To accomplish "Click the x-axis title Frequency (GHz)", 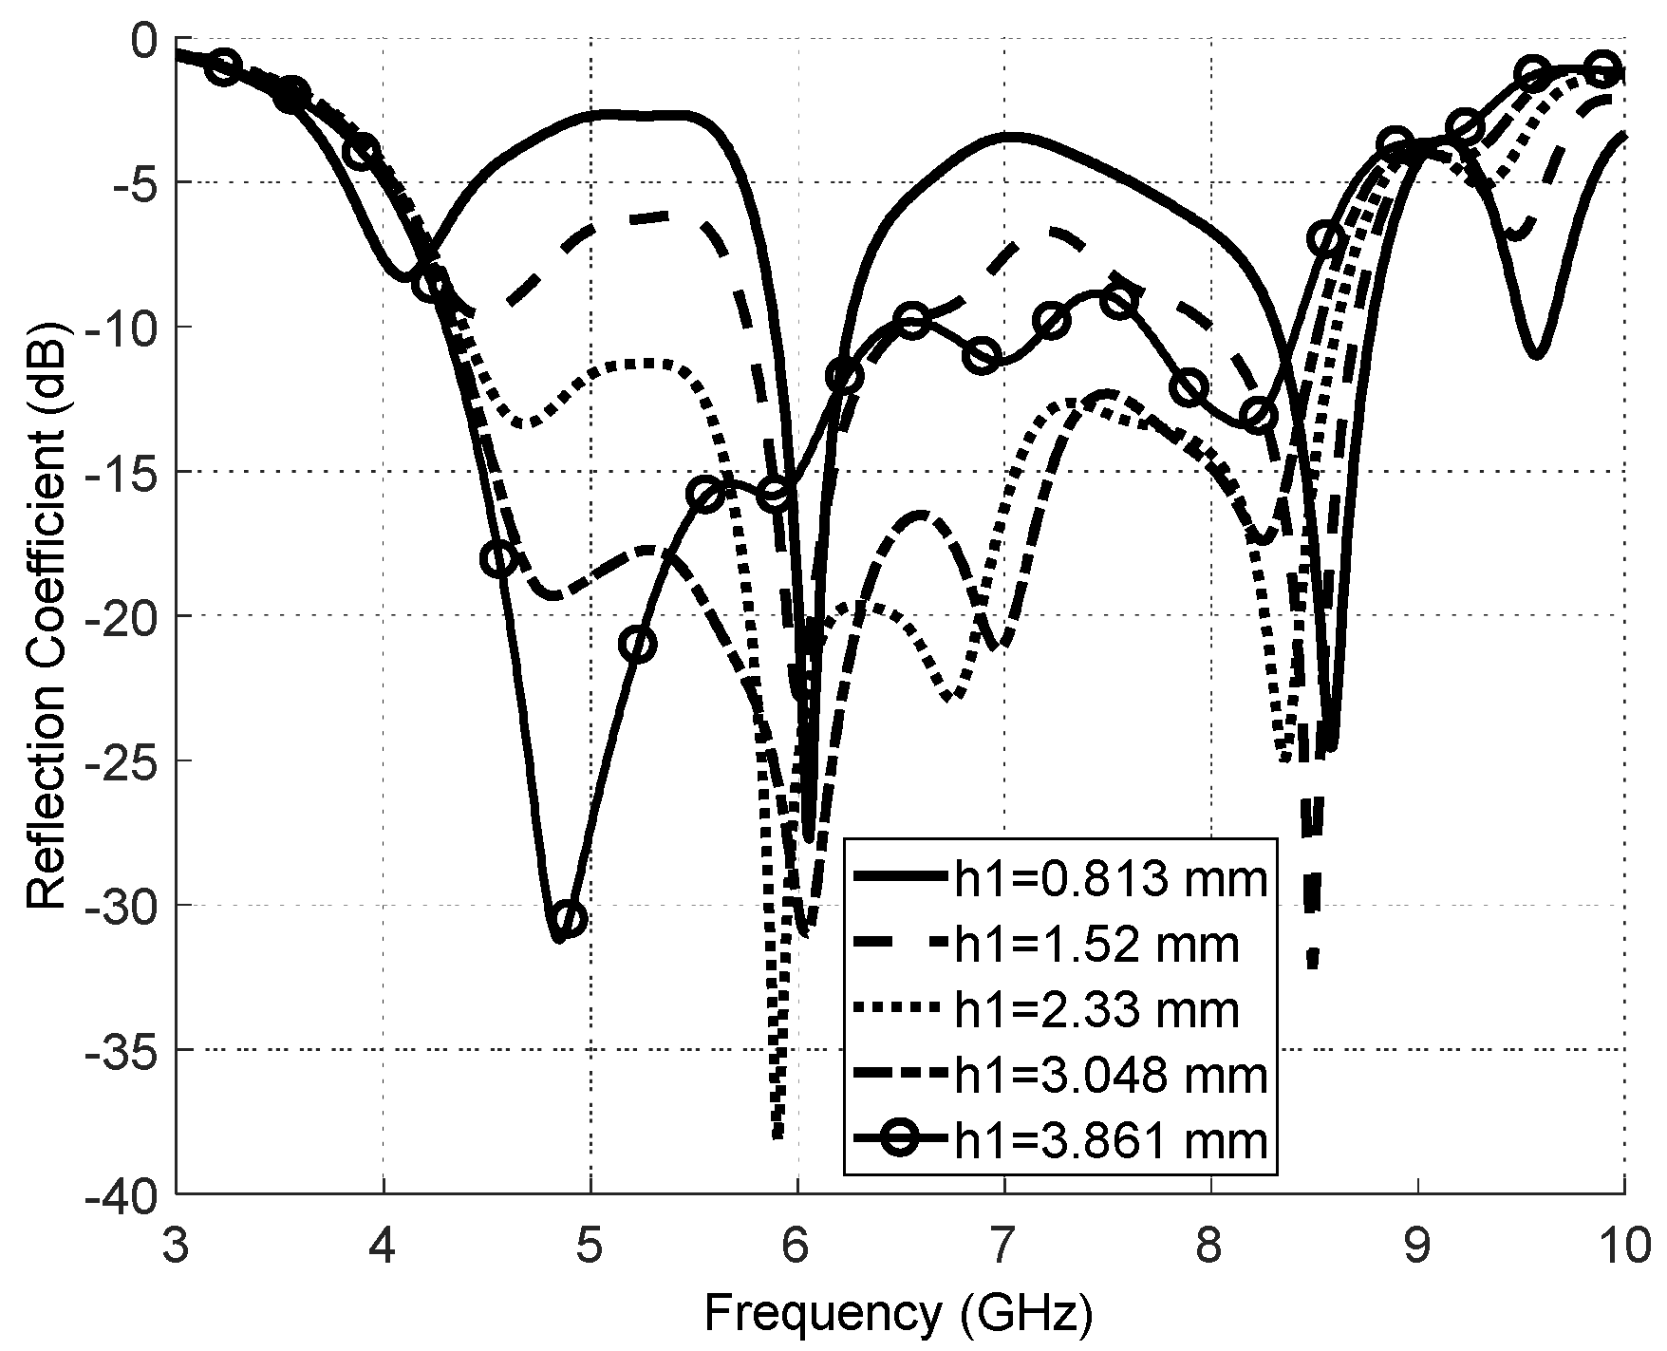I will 898,1313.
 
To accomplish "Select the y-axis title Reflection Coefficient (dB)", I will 47,616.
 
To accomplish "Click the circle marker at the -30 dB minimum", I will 569,918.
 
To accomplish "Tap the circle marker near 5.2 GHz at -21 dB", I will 638,645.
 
